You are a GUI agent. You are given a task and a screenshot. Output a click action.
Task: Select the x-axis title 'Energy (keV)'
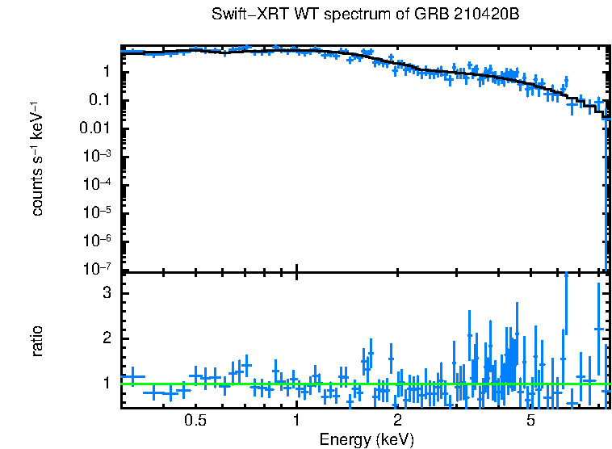367,439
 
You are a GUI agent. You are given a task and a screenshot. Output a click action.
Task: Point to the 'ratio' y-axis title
37,341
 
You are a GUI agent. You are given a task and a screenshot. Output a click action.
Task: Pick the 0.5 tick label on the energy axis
195,420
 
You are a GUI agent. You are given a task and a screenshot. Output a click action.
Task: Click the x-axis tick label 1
297,420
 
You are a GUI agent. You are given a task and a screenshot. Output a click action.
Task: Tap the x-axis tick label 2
397,420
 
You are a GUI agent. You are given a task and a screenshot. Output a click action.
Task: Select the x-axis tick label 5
530,420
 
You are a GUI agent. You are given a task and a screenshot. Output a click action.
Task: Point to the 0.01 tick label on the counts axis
95,128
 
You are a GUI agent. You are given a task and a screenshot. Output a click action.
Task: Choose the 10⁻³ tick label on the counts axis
97,157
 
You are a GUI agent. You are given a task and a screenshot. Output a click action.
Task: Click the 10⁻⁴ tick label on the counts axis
97,185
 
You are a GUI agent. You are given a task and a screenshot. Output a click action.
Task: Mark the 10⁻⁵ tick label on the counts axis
97,213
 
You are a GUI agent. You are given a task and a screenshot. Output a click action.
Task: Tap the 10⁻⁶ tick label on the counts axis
97,241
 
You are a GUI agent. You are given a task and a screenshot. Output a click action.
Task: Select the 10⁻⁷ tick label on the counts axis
97,269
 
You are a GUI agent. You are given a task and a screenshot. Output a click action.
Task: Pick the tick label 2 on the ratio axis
105,338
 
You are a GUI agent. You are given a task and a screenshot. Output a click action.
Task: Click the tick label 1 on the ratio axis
105,383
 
